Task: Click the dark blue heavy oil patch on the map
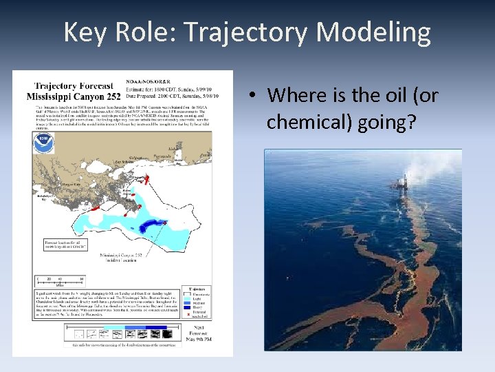click(152, 227)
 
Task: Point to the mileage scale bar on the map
click(59, 282)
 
